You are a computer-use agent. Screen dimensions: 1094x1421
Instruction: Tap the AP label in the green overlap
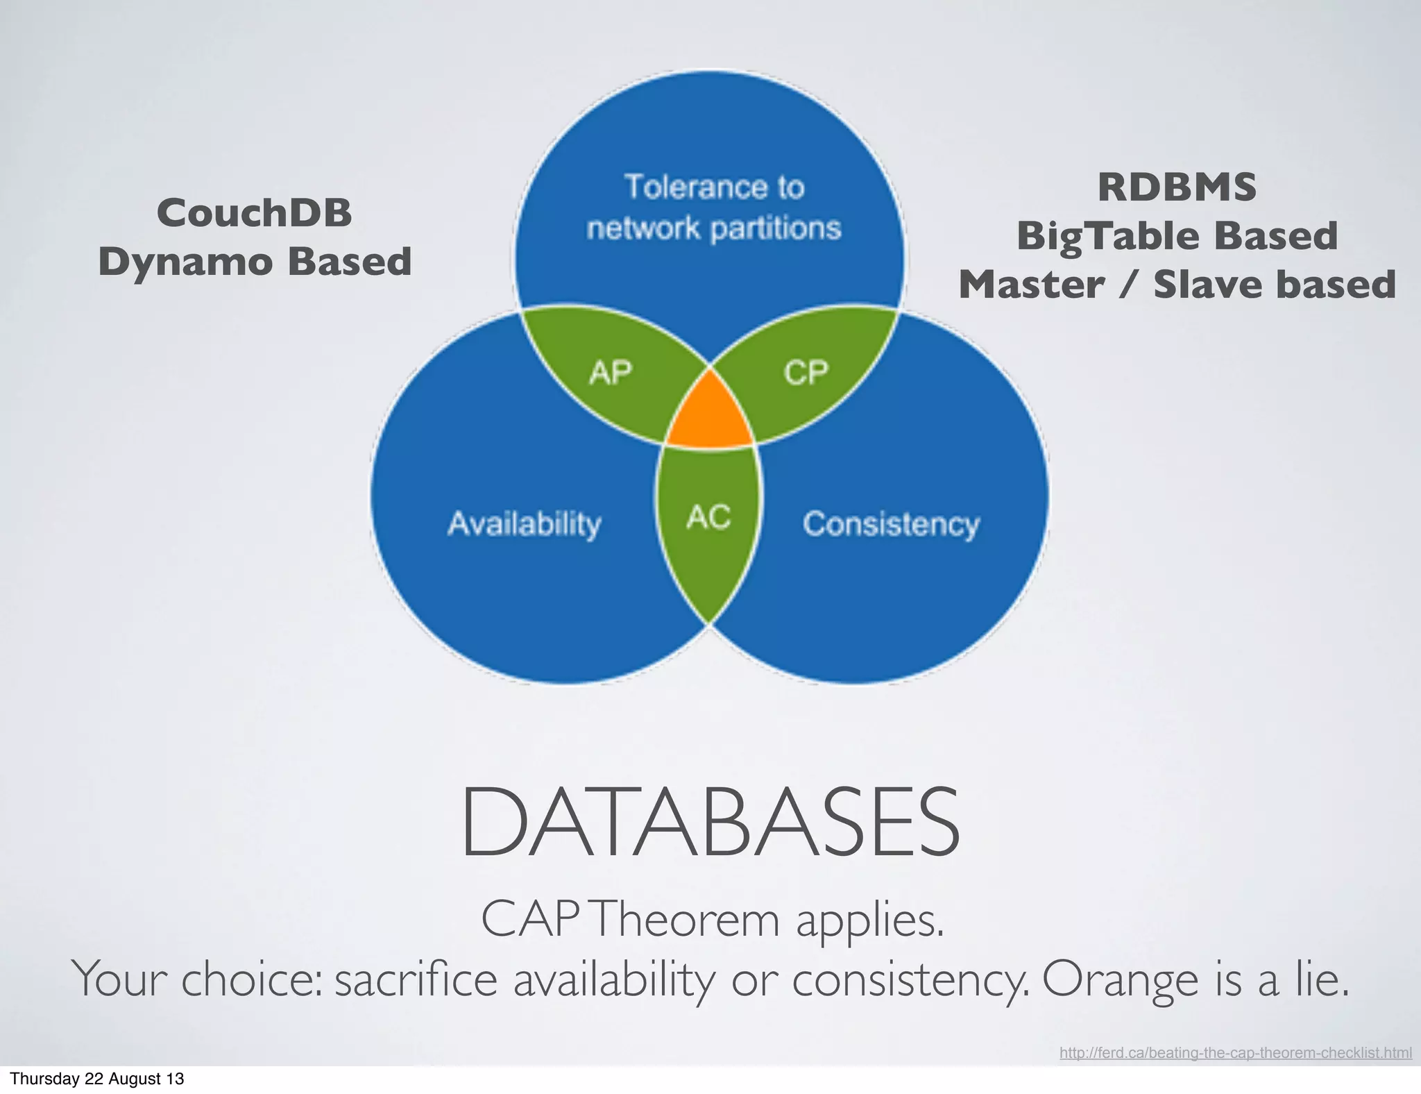click(x=611, y=373)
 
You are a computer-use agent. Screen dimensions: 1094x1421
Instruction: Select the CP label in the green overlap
click(x=806, y=373)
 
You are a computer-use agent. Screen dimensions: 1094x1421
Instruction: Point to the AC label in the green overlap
click(x=708, y=517)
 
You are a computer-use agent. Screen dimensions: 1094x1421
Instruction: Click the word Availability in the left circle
click(x=525, y=524)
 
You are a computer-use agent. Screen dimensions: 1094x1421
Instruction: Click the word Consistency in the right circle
click(x=891, y=524)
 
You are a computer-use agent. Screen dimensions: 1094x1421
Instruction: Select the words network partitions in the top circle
click(x=713, y=228)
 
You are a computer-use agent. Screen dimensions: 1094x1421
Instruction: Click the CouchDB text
click(x=254, y=212)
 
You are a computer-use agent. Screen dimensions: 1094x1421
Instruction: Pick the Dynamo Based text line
click(x=255, y=262)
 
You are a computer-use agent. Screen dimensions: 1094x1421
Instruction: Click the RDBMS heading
click(x=1177, y=187)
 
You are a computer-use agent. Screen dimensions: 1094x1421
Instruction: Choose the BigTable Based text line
click(x=1177, y=236)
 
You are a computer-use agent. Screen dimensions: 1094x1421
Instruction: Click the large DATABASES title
click(x=710, y=822)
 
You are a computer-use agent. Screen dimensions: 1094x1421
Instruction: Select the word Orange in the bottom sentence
click(x=1120, y=979)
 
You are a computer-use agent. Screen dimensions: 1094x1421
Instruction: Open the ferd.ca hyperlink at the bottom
click(x=1235, y=1053)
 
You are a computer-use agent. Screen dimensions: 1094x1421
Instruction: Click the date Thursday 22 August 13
click(x=97, y=1079)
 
